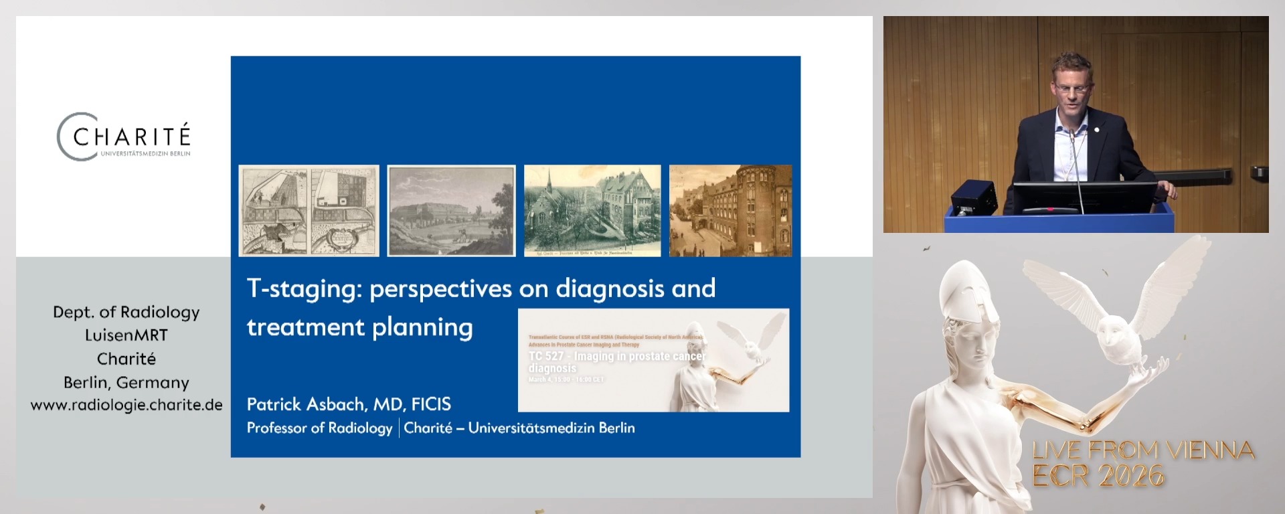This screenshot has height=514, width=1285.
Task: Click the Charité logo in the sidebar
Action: tap(124, 137)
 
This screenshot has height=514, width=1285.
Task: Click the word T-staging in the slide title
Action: tap(304, 288)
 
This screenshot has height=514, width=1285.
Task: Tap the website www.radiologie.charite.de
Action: tap(126, 405)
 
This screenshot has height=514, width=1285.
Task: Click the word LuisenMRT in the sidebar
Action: tap(126, 335)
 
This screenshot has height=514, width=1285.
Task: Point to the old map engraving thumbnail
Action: tap(309, 211)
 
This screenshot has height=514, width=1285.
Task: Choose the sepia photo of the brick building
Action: tap(730, 211)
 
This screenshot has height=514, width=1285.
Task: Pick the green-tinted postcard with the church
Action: tap(592, 211)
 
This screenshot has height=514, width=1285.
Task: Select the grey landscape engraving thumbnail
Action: tap(452, 211)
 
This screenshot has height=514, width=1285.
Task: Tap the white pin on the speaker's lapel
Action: tap(1097, 129)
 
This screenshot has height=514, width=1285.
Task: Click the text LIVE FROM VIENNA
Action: tap(1143, 450)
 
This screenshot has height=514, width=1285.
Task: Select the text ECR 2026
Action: tap(1098, 476)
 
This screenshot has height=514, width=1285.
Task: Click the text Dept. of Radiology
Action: tap(126, 313)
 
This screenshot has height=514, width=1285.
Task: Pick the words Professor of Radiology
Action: tap(319, 428)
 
